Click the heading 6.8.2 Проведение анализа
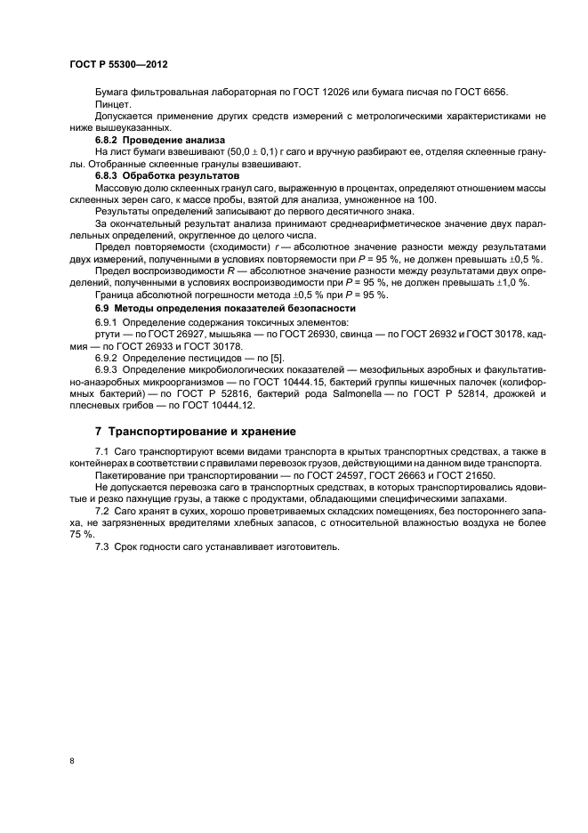[x=149, y=141]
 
